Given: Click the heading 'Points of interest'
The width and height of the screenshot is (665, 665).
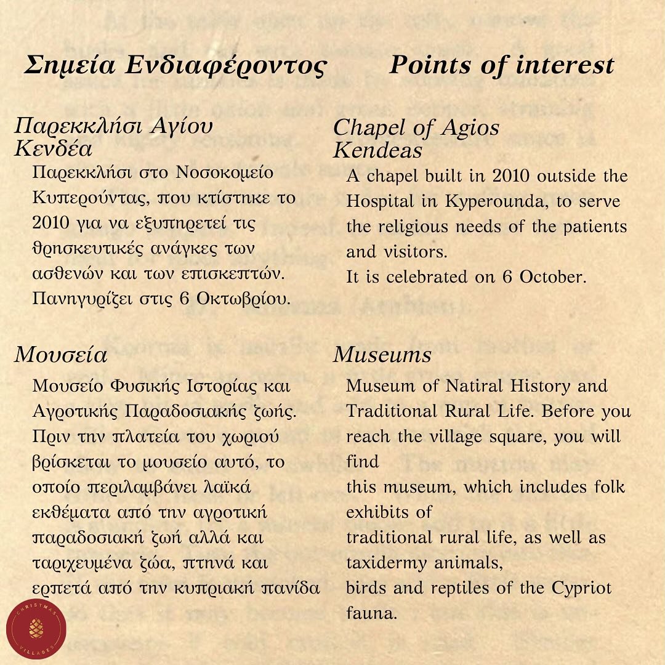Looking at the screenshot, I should pyautogui.click(x=501, y=65).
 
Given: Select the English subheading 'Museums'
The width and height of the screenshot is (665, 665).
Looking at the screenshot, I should pyautogui.click(x=382, y=355).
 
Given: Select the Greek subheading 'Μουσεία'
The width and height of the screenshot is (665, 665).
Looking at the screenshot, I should pyautogui.click(x=61, y=355).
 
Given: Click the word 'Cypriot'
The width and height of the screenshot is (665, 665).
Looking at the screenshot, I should pyautogui.click(x=582, y=587).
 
